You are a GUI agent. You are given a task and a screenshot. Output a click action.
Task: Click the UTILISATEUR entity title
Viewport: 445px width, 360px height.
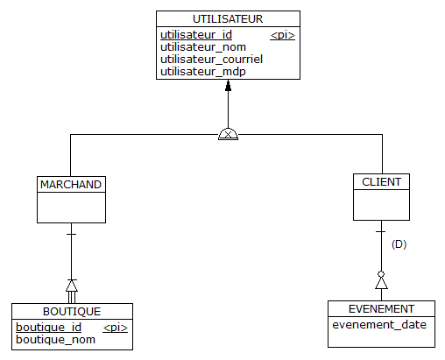click(x=228, y=19)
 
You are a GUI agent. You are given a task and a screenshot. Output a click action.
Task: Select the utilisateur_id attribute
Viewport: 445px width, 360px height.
click(x=196, y=35)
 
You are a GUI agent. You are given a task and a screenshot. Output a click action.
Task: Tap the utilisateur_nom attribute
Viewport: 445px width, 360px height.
click(x=203, y=47)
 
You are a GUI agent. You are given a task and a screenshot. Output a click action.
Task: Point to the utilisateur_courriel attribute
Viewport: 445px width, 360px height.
click(x=211, y=60)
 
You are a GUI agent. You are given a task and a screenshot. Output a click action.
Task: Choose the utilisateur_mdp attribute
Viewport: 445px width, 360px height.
click(x=203, y=72)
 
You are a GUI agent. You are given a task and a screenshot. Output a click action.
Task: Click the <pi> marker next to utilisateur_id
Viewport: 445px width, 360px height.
click(x=282, y=35)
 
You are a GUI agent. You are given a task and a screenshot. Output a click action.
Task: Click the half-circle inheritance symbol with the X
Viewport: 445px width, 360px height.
click(x=228, y=134)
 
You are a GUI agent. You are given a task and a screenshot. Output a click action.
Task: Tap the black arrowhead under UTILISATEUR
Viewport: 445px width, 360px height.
click(x=228, y=86)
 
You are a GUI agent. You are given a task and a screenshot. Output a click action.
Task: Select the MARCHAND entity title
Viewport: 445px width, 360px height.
click(x=71, y=185)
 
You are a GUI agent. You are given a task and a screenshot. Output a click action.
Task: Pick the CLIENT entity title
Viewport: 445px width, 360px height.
click(x=381, y=182)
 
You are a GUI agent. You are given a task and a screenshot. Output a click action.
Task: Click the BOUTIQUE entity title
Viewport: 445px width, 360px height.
click(x=72, y=312)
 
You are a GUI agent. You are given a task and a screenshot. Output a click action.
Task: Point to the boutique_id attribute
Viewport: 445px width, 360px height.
click(x=48, y=328)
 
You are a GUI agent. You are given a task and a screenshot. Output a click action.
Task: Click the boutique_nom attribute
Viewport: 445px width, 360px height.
click(x=55, y=340)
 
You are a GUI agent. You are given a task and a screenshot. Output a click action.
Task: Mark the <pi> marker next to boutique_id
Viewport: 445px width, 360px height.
click(x=116, y=328)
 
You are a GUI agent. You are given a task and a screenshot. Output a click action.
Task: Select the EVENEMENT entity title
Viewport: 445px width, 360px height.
click(x=381, y=309)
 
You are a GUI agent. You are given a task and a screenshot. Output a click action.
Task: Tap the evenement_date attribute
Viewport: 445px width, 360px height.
click(x=379, y=325)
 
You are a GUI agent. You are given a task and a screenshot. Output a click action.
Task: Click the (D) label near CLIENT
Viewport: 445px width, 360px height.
click(x=399, y=244)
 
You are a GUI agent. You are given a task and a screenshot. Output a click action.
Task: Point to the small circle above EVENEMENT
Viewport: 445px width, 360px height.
click(x=381, y=274)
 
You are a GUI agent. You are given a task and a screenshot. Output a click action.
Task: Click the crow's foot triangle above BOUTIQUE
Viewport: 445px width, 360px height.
click(x=72, y=286)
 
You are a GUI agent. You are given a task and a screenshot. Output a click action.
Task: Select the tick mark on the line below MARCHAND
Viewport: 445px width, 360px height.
click(x=72, y=234)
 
